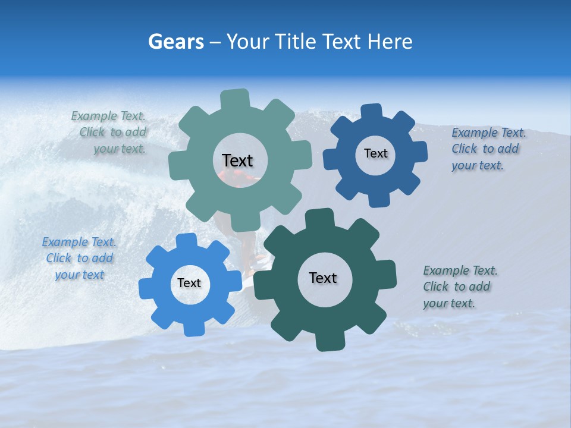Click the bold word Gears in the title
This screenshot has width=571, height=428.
175,42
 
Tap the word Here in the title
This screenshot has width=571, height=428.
390,42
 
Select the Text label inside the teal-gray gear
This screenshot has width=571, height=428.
237,160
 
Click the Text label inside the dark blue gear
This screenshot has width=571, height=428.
375,153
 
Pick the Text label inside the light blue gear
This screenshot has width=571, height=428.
189,283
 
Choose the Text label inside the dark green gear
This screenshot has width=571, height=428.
323,278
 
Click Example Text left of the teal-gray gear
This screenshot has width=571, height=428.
108,117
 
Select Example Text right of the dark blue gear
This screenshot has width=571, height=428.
489,133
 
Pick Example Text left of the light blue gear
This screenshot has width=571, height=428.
79,242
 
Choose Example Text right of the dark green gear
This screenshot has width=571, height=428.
460,270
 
